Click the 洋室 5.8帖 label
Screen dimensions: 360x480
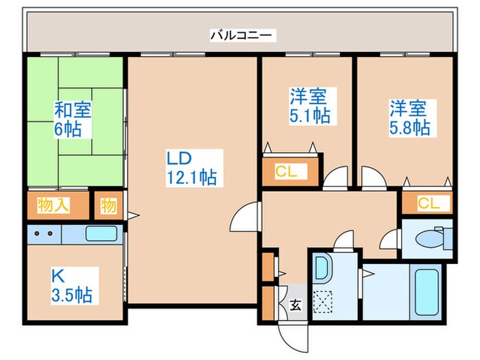(409, 117)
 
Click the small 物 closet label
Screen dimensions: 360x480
(108, 206)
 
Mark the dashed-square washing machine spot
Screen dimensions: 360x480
(322, 300)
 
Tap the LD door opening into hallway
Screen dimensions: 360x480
(244, 219)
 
